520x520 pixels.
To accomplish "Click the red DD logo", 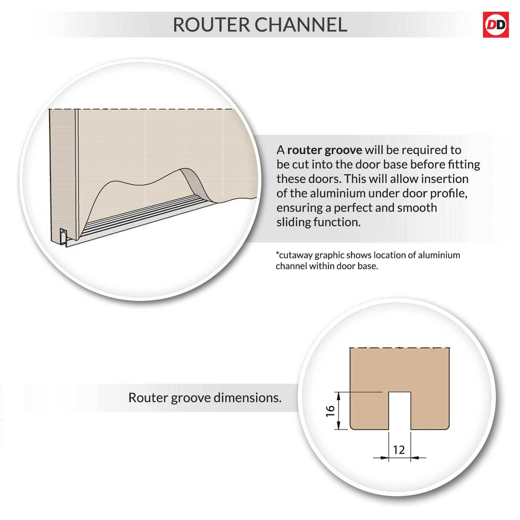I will [x=496, y=25].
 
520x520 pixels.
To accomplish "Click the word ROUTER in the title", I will [x=211, y=25].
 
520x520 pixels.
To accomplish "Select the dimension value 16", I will [x=330, y=411].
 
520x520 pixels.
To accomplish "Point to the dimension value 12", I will [x=399, y=450].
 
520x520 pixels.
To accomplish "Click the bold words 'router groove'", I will [x=325, y=150].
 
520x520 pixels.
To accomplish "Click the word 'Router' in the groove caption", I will [x=148, y=398].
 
